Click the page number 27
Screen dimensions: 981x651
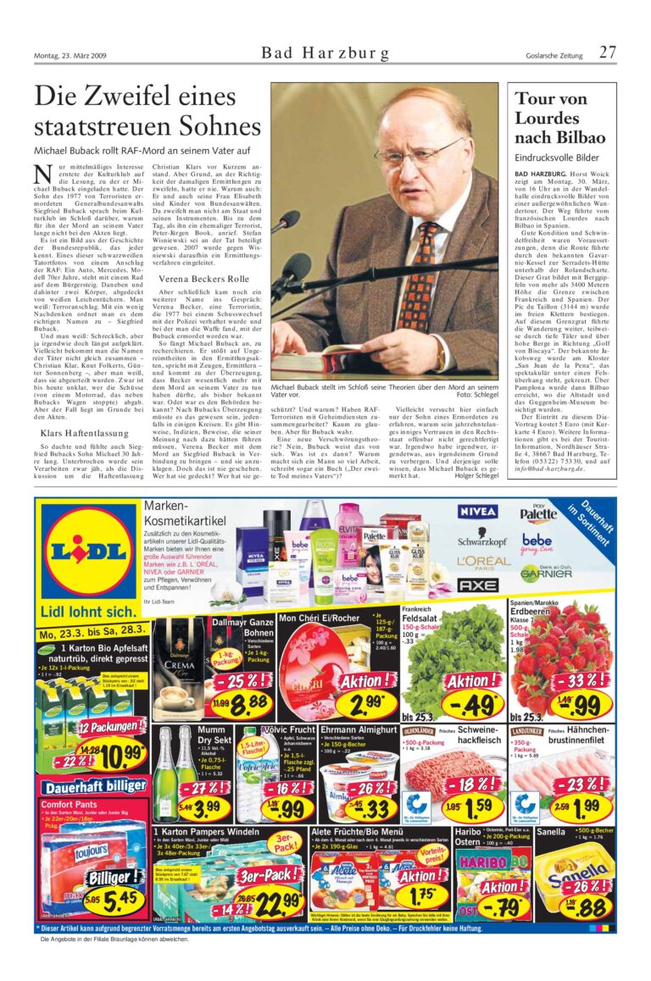(x=607, y=53)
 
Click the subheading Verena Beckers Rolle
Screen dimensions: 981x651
(x=203, y=279)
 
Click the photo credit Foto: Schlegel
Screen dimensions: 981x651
(x=477, y=395)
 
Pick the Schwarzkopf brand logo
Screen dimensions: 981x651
(x=483, y=539)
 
